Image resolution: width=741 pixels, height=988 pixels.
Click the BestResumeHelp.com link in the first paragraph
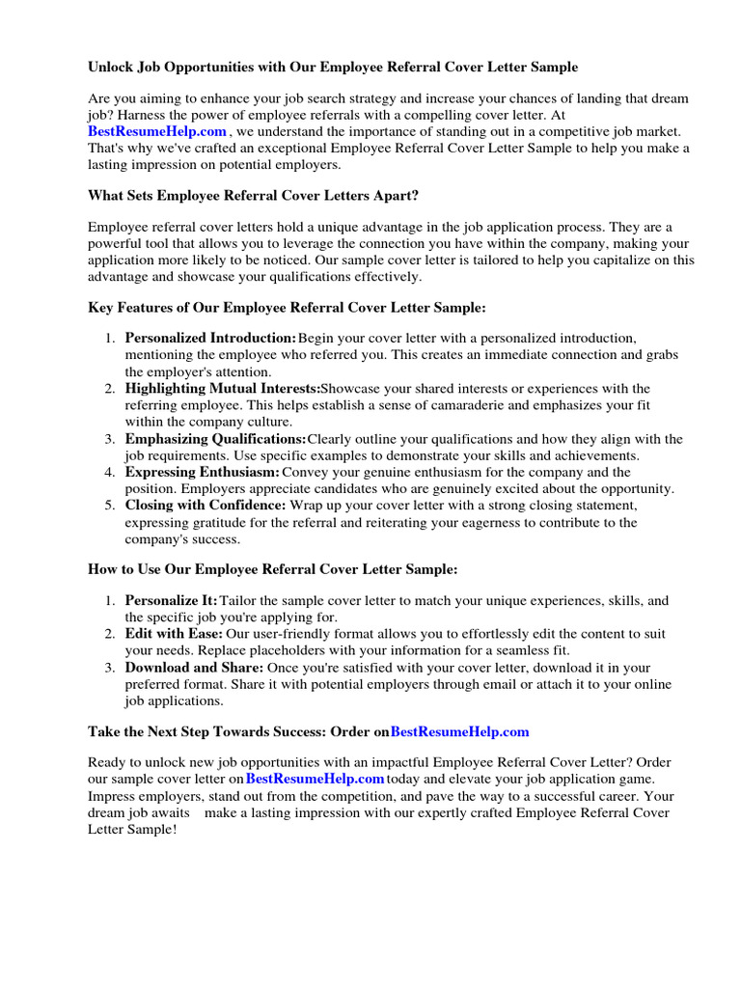tap(157, 131)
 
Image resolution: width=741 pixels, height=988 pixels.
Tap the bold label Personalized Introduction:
tap(210, 339)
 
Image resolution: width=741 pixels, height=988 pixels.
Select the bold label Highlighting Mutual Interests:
tap(222, 389)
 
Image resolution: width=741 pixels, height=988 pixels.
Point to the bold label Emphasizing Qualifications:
tap(215, 439)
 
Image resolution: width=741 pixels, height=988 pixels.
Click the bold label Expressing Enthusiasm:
tap(203, 472)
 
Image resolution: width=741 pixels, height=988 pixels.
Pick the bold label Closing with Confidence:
tap(206, 506)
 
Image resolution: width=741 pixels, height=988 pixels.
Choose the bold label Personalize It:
tap(172, 600)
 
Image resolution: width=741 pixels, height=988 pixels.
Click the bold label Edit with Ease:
tap(174, 634)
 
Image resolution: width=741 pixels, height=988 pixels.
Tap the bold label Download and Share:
tap(193, 668)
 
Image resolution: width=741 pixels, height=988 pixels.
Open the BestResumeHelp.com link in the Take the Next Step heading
tap(459, 732)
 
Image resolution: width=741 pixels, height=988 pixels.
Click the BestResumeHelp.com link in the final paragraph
tap(315, 779)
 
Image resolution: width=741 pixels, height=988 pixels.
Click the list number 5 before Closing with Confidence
tap(108, 506)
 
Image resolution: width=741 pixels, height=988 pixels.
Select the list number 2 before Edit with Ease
tap(108, 634)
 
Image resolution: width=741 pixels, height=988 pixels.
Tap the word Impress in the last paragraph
tap(112, 796)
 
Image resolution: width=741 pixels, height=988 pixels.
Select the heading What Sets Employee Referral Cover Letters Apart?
tap(253, 195)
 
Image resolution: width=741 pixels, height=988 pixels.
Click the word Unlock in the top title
tap(109, 68)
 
